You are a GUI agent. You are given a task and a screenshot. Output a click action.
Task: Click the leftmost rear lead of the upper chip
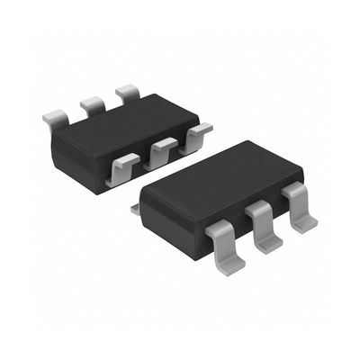pos(56,117)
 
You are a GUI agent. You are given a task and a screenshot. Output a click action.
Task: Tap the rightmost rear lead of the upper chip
pos(127,92)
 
